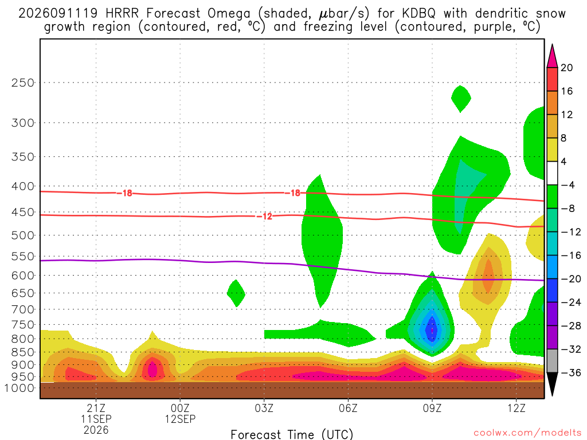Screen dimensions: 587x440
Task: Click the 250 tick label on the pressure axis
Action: (x=22, y=82)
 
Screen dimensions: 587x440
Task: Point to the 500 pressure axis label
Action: (x=22, y=235)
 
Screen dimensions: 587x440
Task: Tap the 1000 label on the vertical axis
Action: (x=19, y=388)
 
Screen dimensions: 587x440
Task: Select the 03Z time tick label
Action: (x=264, y=408)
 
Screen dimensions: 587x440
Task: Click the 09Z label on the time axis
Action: (x=432, y=408)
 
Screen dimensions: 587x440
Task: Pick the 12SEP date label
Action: (x=180, y=419)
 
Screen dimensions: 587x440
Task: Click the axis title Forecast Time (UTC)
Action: (x=292, y=434)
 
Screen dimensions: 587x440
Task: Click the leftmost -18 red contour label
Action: (x=124, y=193)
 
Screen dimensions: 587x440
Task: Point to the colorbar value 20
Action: (x=566, y=68)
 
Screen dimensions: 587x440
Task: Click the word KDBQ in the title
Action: (x=418, y=14)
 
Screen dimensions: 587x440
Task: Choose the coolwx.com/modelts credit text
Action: (x=527, y=433)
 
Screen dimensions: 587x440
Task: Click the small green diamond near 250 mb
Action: (x=461, y=99)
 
